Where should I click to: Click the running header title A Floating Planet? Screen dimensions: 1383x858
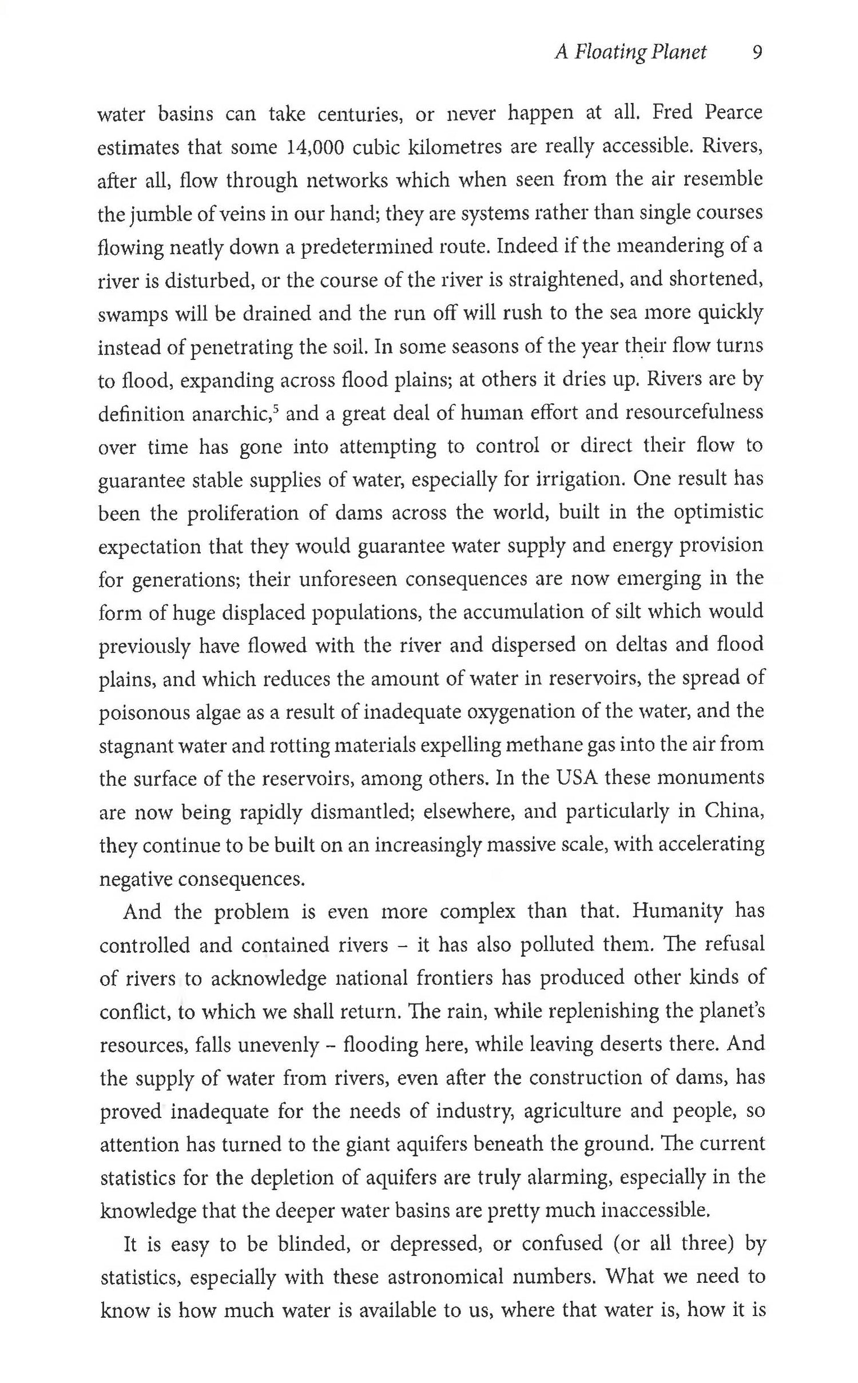(631, 53)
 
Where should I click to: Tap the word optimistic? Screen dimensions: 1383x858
(718, 512)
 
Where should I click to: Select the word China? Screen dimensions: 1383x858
(734, 811)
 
